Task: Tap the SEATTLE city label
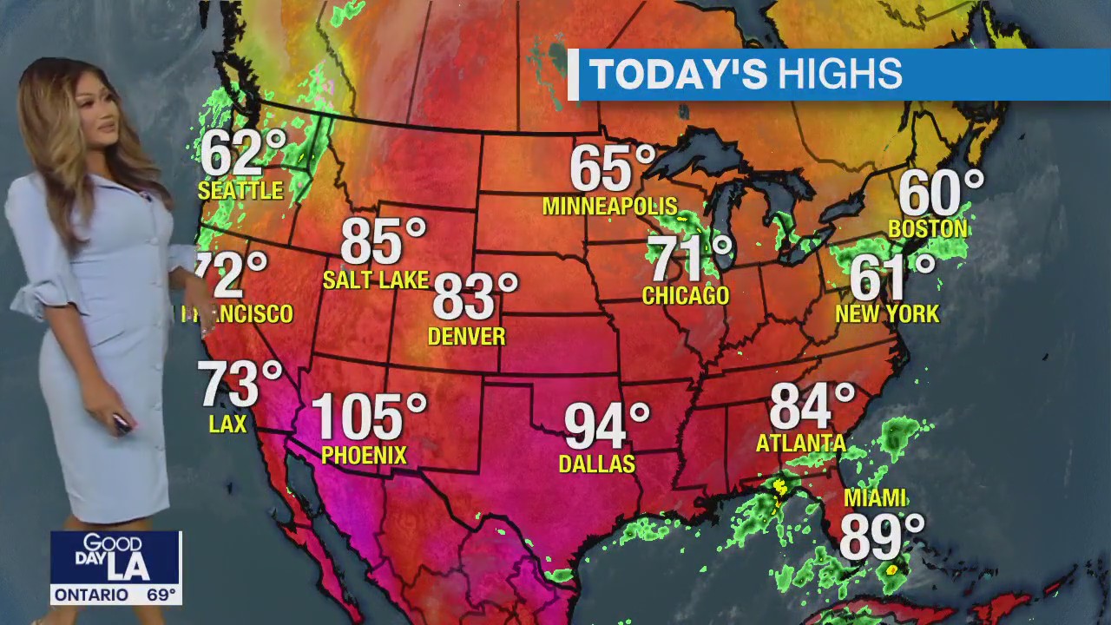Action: [240, 191]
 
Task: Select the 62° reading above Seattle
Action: [242, 153]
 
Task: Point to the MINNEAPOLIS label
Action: [609, 207]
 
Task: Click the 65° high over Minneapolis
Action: [611, 168]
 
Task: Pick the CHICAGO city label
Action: [685, 296]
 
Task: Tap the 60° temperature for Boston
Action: [940, 193]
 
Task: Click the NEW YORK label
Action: [887, 314]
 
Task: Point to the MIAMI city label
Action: [875, 498]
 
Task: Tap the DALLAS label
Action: [596, 464]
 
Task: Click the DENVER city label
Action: [466, 336]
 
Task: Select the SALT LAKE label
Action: [376, 280]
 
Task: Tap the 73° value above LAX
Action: [239, 384]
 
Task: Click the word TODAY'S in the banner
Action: [679, 75]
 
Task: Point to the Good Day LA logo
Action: [115, 557]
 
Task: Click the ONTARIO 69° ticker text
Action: [115, 595]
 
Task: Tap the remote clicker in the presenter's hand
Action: [121, 424]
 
